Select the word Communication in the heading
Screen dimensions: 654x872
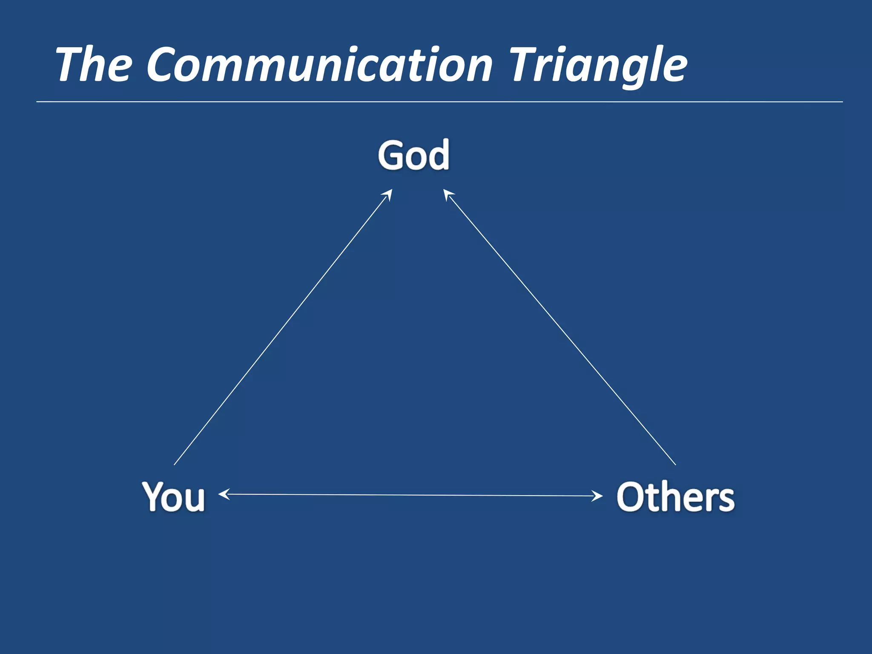click(319, 65)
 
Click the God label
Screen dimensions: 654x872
click(413, 155)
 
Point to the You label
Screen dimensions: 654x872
click(173, 496)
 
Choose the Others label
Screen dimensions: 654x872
click(675, 496)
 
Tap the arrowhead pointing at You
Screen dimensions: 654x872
click(224, 494)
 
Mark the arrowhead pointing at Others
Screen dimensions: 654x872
click(597, 496)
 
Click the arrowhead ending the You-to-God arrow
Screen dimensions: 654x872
click(388, 194)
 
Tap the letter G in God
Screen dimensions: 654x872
click(391, 155)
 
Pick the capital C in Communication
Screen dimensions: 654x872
click(164, 65)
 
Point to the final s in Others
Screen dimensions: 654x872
click(725, 501)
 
